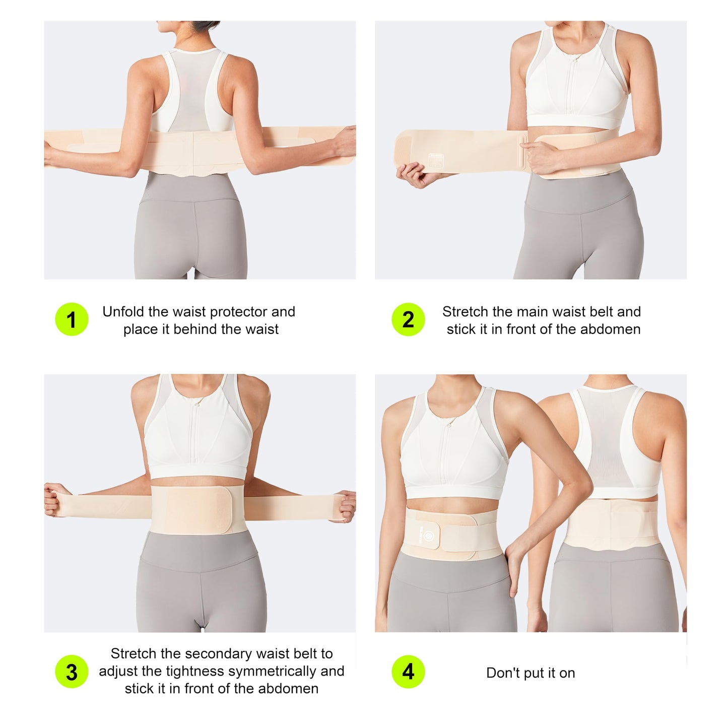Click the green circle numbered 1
72,319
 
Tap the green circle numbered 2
408,319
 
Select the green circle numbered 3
72,672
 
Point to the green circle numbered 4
408,672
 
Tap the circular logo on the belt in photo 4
428,536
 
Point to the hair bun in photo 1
205,26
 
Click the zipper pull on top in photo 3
196,405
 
